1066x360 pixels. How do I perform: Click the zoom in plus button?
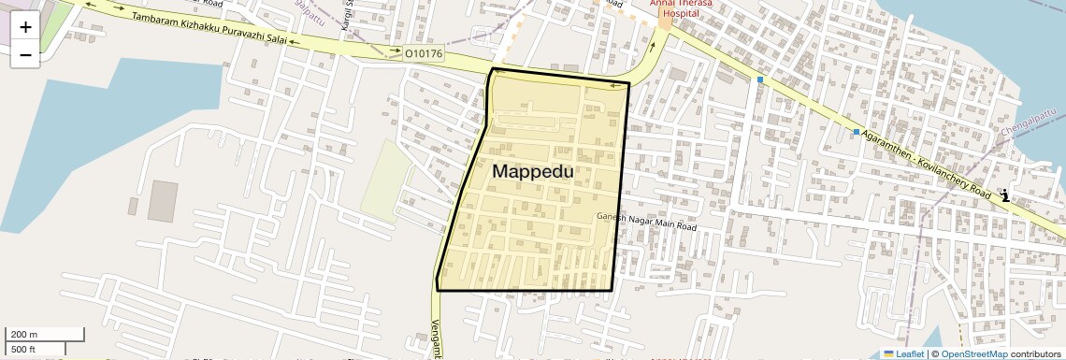click(x=25, y=27)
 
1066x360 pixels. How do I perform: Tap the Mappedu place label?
click(x=533, y=172)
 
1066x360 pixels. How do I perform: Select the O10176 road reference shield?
click(x=424, y=54)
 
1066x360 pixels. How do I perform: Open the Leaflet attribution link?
click(x=904, y=353)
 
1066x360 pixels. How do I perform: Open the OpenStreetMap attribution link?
click(x=974, y=353)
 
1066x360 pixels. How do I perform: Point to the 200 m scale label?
click(x=24, y=335)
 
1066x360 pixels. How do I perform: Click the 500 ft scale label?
click(x=23, y=350)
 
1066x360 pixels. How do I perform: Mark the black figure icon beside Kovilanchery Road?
click(x=1004, y=195)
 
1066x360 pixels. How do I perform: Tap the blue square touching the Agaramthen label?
click(x=856, y=132)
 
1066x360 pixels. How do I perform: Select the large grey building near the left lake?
click(x=162, y=202)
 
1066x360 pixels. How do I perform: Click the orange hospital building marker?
click(x=664, y=22)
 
